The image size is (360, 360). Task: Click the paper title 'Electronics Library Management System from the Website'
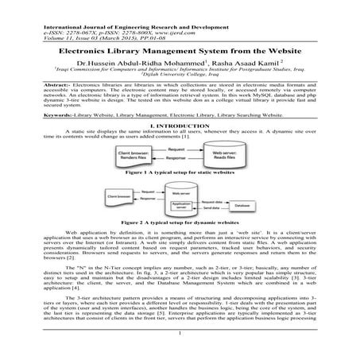click(x=180, y=47)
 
